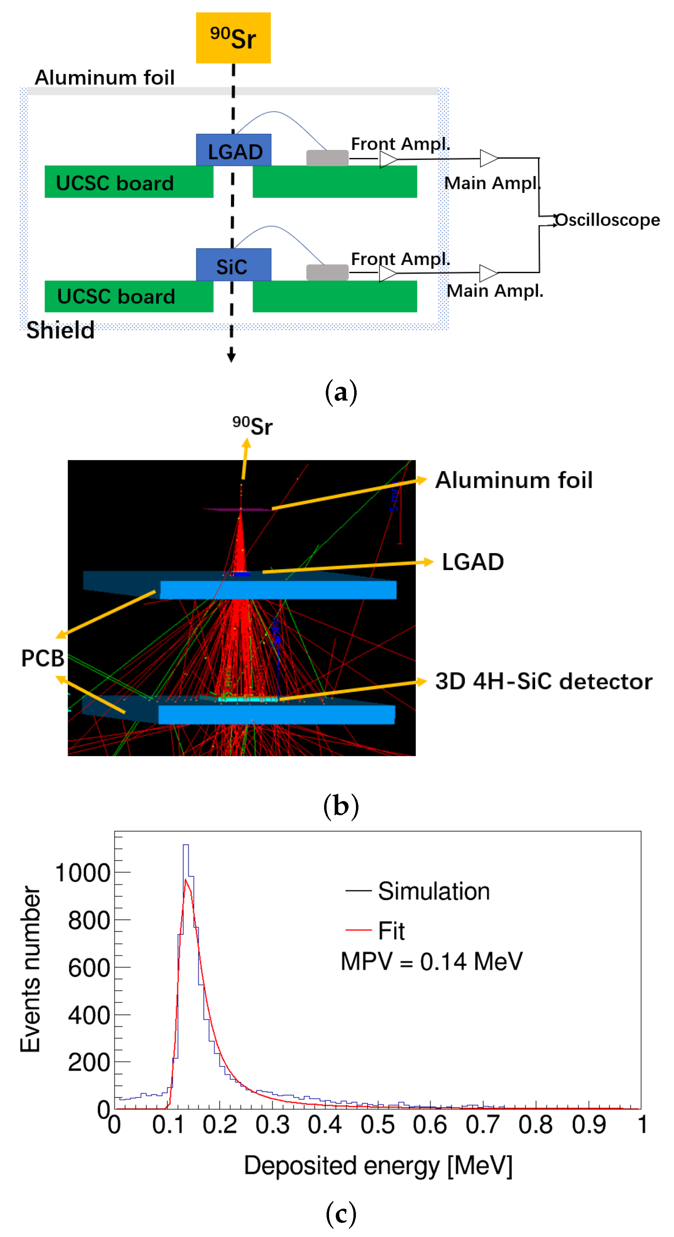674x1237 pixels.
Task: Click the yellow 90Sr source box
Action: click(233, 38)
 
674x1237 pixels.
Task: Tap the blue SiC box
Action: click(234, 265)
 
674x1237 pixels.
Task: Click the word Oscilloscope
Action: click(607, 220)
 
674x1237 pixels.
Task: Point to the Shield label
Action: click(60, 330)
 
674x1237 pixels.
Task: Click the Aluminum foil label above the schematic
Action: click(104, 77)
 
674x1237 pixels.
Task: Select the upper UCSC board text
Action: click(114, 183)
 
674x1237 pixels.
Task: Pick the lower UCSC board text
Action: click(116, 296)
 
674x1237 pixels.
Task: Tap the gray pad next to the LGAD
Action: click(327, 158)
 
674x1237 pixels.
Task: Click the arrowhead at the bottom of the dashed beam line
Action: click(231, 357)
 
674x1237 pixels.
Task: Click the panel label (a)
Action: click(341, 392)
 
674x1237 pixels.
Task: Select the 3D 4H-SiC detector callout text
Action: click(544, 681)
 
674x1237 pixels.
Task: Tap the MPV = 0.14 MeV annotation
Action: click(431, 962)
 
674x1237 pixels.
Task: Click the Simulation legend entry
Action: click(433, 891)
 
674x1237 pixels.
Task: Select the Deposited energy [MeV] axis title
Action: click(378, 1166)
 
